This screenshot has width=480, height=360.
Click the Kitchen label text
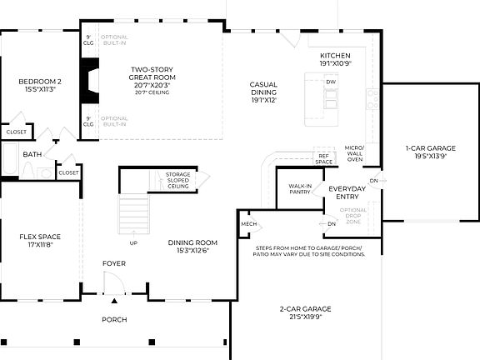coord(334,59)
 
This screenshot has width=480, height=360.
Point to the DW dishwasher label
coord(331,82)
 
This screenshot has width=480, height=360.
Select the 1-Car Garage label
coord(425,150)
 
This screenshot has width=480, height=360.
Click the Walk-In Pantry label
coord(300,190)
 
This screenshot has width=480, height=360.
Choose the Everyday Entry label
coord(347,192)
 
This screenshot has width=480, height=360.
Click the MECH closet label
coord(248,224)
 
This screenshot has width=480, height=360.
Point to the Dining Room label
coord(187,246)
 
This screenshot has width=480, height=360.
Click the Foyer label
coord(114,263)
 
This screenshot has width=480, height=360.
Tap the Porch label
coord(114,319)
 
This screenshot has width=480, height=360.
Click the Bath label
coord(32,154)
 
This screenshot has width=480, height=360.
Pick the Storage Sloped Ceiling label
coord(177,179)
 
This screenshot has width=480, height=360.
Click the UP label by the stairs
coord(133,243)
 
